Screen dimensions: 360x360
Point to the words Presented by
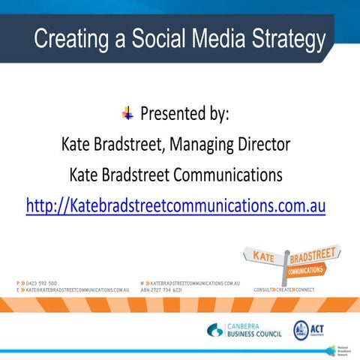click(184, 115)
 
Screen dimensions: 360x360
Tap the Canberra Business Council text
click(256, 329)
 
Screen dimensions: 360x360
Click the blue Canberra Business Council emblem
click(216, 329)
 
